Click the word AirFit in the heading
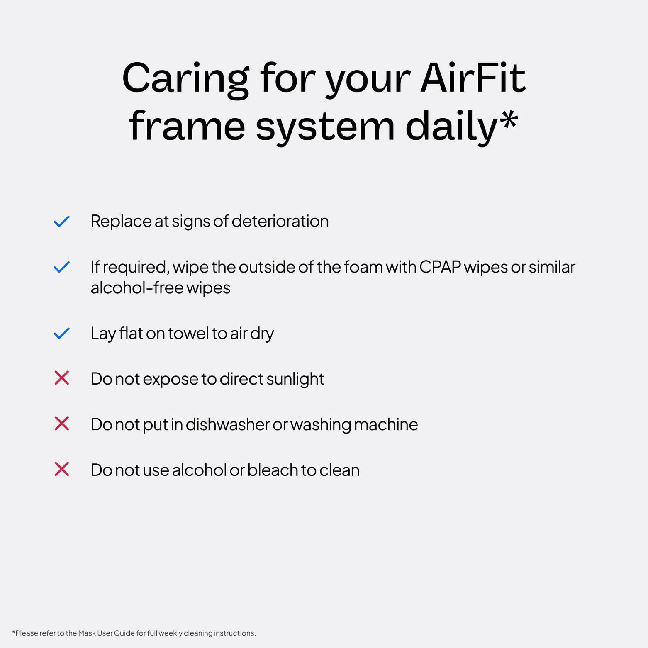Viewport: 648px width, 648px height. pos(473,78)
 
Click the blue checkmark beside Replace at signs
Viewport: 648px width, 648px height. pos(61,222)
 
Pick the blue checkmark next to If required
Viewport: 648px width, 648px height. pos(61,267)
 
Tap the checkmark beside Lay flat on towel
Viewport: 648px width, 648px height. pos(61,333)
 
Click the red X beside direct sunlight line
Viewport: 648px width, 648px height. pos(61,378)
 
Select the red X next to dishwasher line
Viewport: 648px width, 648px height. pos(61,424)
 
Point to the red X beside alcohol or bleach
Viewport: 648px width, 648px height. pos(61,470)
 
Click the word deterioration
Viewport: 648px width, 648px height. pos(280,221)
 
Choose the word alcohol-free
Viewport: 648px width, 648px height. pos(136,288)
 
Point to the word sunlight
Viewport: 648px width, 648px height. pos(295,379)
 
